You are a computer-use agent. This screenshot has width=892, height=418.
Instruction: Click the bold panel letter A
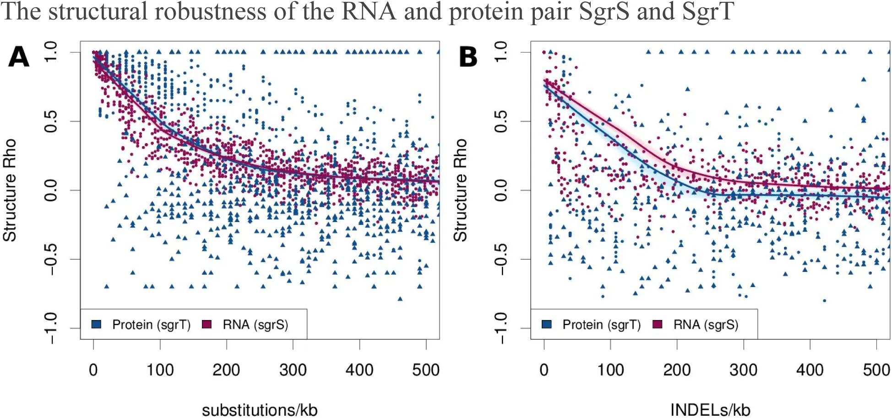19,58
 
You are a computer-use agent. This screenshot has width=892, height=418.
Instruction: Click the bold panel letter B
468,58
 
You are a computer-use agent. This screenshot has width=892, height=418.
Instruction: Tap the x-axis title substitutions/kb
260,409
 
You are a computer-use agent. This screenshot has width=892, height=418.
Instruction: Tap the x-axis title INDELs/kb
710,409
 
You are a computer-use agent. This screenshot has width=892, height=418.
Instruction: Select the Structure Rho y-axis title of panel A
10,190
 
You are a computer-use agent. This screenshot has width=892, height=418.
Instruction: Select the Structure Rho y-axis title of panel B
460,190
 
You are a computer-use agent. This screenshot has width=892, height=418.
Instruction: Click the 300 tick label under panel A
293,370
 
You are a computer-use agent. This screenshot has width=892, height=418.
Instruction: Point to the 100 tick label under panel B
610,370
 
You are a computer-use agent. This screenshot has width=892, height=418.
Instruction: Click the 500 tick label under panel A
426,370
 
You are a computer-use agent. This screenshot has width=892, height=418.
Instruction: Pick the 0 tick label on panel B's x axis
544,370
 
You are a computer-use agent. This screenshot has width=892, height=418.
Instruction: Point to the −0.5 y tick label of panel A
50,259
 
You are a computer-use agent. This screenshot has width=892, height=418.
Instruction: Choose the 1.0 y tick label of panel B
501,52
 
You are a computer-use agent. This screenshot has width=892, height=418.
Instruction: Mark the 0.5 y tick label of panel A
50,121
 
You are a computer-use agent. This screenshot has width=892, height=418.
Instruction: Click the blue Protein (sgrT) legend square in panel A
96,324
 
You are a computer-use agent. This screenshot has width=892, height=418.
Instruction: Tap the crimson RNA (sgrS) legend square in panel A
207,324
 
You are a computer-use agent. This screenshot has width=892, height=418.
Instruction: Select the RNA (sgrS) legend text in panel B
706,325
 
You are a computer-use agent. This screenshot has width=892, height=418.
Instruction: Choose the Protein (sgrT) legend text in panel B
601,325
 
